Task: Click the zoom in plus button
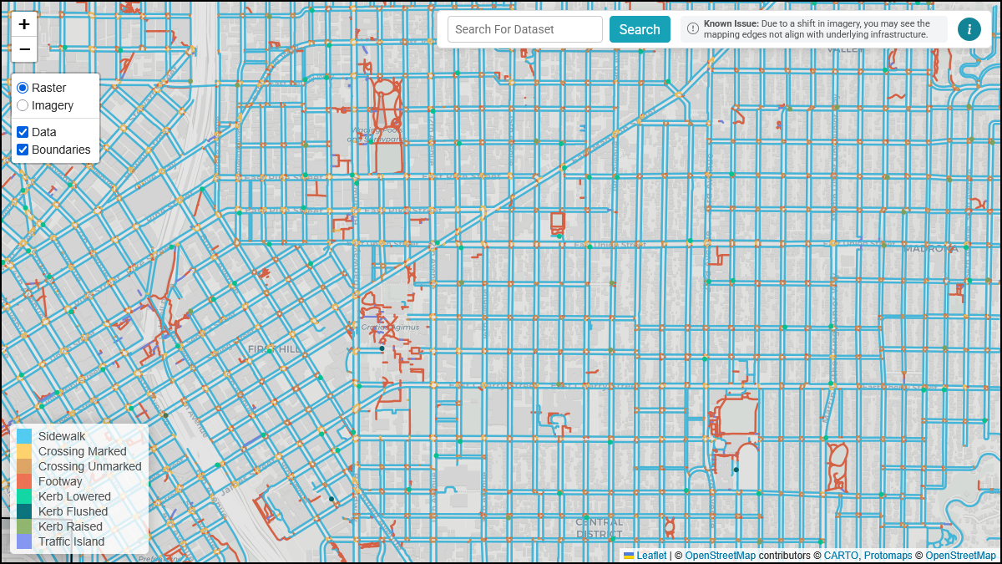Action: [24, 24]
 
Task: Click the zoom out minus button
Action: [24, 49]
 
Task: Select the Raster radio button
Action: [23, 88]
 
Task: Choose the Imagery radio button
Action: [23, 105]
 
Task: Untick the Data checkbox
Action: [23, 132]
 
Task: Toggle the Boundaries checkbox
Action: [23, 150]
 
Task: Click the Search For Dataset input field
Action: [524, 29]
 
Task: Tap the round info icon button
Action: [969, 29]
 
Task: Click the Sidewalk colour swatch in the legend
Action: [24, 436]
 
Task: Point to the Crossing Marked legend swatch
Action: [24, 451]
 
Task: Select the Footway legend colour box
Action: [24, 481]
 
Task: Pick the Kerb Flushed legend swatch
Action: [24, 511]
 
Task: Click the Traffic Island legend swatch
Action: [24, 541]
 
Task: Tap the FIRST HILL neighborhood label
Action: [274, 348]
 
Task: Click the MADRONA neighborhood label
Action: [930, 248]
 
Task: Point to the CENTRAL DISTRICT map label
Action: [599, 528]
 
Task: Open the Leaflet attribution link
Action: [651, 556]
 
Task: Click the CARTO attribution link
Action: [841, 556]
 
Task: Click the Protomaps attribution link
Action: [888, 556]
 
